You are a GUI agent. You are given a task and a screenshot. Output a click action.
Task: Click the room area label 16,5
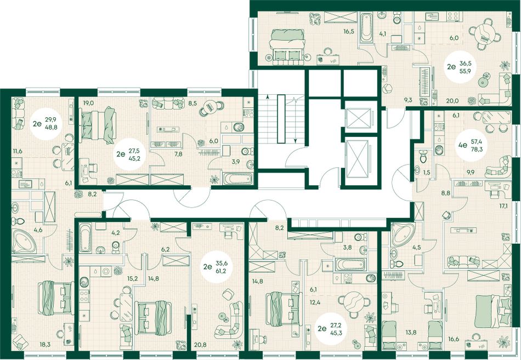349,32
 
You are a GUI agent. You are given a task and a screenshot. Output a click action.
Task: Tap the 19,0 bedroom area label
89,103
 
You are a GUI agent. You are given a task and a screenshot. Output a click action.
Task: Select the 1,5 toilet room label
427,172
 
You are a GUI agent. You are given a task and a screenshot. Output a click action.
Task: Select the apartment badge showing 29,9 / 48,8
47,124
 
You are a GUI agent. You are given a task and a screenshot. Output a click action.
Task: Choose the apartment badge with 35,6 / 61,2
218,267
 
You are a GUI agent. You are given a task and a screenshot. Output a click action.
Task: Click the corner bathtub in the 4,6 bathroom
24,241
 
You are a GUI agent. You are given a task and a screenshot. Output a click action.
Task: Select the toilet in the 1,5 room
423,156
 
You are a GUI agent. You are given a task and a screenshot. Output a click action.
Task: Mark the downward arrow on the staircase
295,119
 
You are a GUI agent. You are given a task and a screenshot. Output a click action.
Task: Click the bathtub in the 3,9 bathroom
238,178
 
